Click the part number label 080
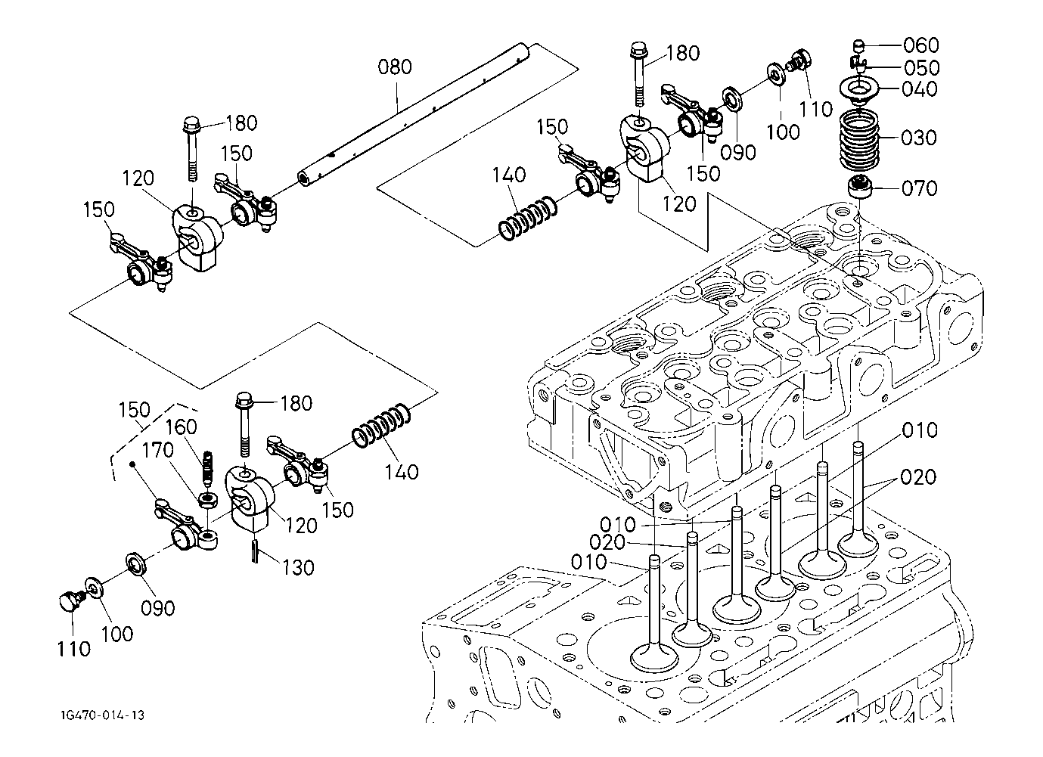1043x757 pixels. tap(395, 67)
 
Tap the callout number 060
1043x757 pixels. tap(920, 45)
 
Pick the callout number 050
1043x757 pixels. tap(920, 67)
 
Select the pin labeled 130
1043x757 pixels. tap(256, 550)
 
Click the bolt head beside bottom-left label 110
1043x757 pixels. tap(69, 602)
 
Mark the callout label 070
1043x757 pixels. tap(920, 188)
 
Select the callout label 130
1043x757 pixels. tap(296, 566)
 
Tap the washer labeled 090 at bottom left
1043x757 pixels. tap(137, 564)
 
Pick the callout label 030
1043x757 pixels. tap(920, 138)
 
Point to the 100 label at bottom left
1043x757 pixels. tap(116, 634)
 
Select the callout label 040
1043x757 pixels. tap(920, 89)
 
